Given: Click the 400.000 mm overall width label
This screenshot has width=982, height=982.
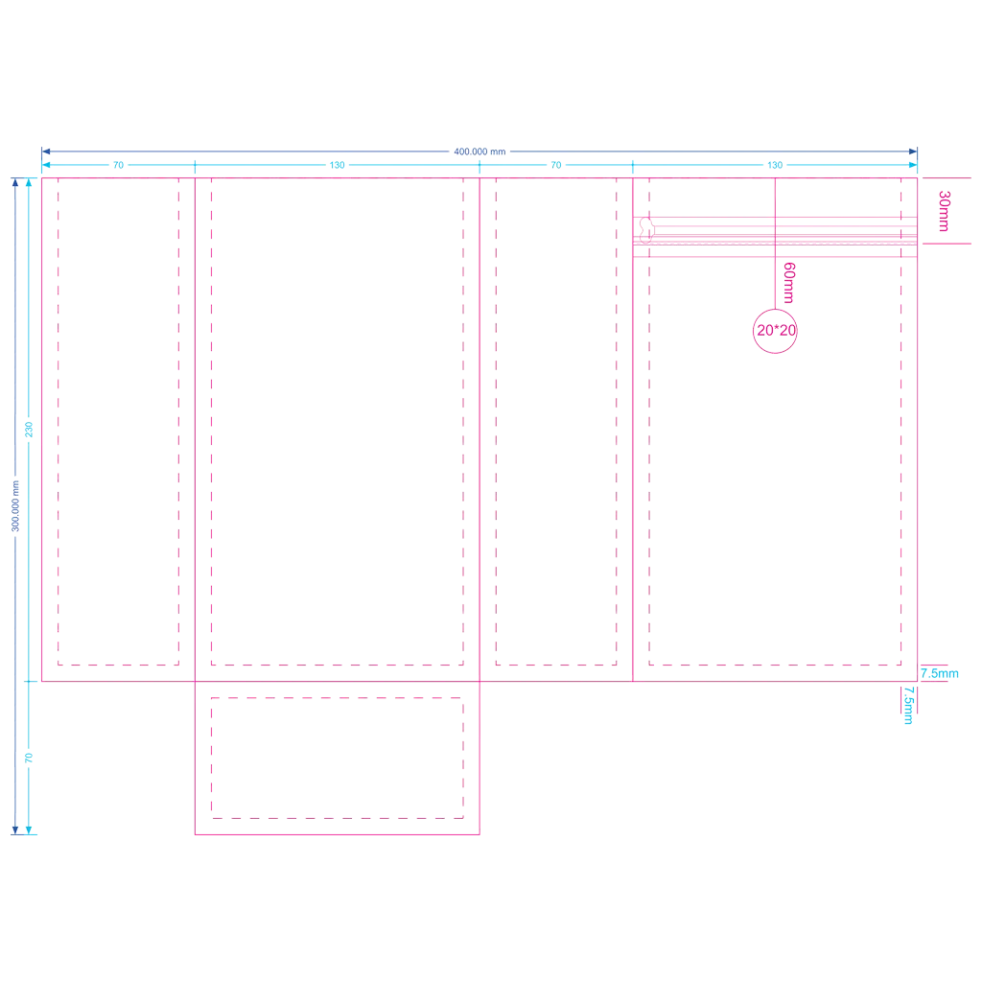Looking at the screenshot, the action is click(x=479, y=152).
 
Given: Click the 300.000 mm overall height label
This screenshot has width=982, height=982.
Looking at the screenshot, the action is click(x=15, y=506).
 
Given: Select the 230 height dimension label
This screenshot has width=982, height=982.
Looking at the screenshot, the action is click(x=29, y=430).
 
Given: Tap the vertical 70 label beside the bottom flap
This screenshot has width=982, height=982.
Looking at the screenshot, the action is click(x=29, y=758).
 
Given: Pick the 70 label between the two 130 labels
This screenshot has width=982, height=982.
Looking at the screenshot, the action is click(x=556, y=165).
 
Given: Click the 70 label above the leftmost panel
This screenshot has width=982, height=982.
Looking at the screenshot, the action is click(x=118, y=165).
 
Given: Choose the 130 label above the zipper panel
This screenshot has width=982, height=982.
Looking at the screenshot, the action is click(x=775, y=165).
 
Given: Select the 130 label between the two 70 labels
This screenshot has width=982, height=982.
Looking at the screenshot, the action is click(x=337, y=165).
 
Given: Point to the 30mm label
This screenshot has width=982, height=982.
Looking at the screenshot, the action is click(x=945, y=211).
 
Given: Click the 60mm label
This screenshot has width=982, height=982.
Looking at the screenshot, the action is click(x=789, y=283).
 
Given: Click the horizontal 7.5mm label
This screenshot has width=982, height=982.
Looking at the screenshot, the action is click(x=940, y=674).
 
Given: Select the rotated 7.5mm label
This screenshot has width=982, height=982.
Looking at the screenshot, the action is click(x=909, y=706).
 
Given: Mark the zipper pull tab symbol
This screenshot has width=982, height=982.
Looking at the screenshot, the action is click(x=646, y=230).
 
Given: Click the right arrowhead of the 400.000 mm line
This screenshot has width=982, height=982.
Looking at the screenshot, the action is click(x=913, y=152).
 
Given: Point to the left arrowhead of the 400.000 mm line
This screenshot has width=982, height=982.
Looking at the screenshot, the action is click(x=46, y=152).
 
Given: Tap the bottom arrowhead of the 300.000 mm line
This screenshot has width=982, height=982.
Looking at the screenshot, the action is click(x=15, y=830).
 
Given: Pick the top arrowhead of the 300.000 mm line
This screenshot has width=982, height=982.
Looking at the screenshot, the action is click(x=15, y=182).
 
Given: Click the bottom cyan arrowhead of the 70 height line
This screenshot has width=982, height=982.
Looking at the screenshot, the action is click(x=29, y=830).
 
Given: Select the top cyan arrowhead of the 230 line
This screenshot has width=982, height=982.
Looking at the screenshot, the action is click(x=29, y=182).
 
